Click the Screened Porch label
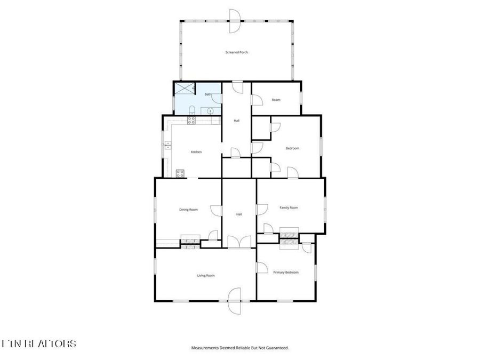coord(236,52)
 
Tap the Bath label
coord(208,94)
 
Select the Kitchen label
coord(196,152)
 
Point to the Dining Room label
coord(188,210)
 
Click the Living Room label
coord(206,275)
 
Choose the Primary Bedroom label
coord(286,273)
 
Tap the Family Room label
coord(289,207)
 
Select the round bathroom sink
coord(211,111)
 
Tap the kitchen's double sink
coord(167,145)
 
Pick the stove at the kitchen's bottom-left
coord(180,173)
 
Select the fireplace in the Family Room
coord(290,233)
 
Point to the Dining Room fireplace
coord(189,240)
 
